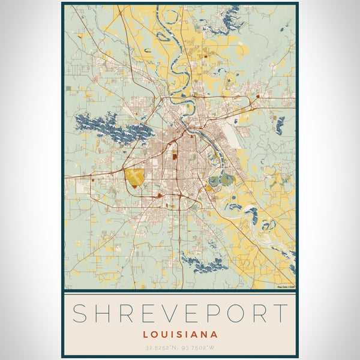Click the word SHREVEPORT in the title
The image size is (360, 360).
(180, 313)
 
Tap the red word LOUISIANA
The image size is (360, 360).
(180, 334)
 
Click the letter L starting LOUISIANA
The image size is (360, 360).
(146, 334)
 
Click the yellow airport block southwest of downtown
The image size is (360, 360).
(135, 177)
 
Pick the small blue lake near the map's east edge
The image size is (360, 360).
(280, 125)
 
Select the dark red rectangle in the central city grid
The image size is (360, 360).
(175, 157)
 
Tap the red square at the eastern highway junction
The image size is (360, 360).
(257, 96)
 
